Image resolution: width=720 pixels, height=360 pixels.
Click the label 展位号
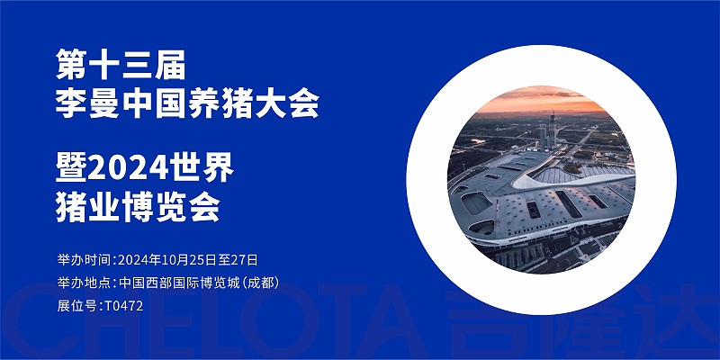77,306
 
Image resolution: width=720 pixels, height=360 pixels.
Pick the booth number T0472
123,306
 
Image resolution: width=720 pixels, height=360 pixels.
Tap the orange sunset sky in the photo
540,102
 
